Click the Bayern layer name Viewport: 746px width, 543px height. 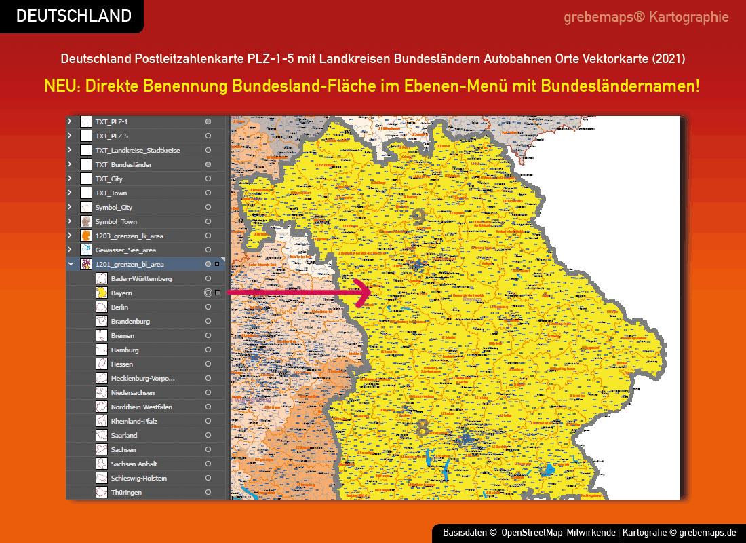[121, 293]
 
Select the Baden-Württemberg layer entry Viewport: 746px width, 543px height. [141, 279]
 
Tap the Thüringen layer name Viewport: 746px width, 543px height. [126, 493]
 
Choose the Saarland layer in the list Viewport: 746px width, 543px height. [124, 436]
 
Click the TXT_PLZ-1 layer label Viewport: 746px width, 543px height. [111, 122]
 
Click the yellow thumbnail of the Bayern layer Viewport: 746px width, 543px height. [101, 293]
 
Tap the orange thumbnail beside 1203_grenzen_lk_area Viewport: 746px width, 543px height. [86, 236]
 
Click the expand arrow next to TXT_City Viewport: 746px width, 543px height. [69, 179]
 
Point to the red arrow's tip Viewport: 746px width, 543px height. [370, 293]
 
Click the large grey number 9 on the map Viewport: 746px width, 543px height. [418, 217]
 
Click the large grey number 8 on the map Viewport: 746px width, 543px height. [422, 428]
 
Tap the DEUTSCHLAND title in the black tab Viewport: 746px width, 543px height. [73, 16]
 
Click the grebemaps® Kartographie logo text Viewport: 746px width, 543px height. [646, 17]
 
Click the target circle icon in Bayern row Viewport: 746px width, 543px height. [208, 293]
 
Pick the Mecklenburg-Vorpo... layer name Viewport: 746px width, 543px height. [142, 379]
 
